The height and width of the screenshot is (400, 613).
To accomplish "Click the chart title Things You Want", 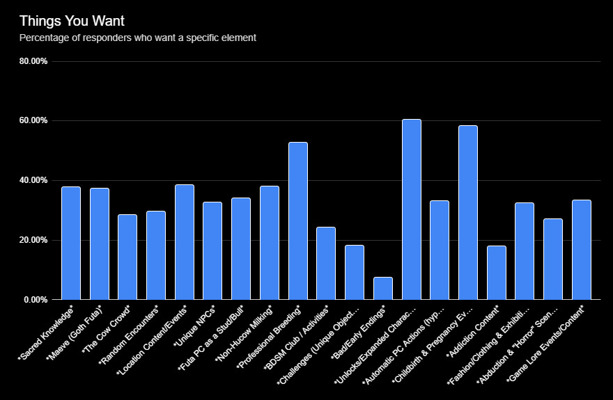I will pyautogui.click(x=72, y=22).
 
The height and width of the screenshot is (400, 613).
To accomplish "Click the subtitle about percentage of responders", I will pyautogui.click(x=138, y=38).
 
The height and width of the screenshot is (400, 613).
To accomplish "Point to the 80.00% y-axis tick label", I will pyautogui.click(x=33, y=61).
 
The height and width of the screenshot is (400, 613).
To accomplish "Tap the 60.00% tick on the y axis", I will pyautogui.click(x=33, y=121).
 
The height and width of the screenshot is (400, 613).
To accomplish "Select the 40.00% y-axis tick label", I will pyautogui.click(x=33, y=180).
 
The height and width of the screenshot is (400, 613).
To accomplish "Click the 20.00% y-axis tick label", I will pyautogui.click(x=33, y=240).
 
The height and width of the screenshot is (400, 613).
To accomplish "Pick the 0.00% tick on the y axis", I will pyautogui.click(x=36, y=300).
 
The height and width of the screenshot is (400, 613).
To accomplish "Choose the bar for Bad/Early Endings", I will pyautogui.click(x=382, y=288).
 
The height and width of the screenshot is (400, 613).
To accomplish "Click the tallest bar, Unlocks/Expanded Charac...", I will pyautogui.click(x=411, y=209).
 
